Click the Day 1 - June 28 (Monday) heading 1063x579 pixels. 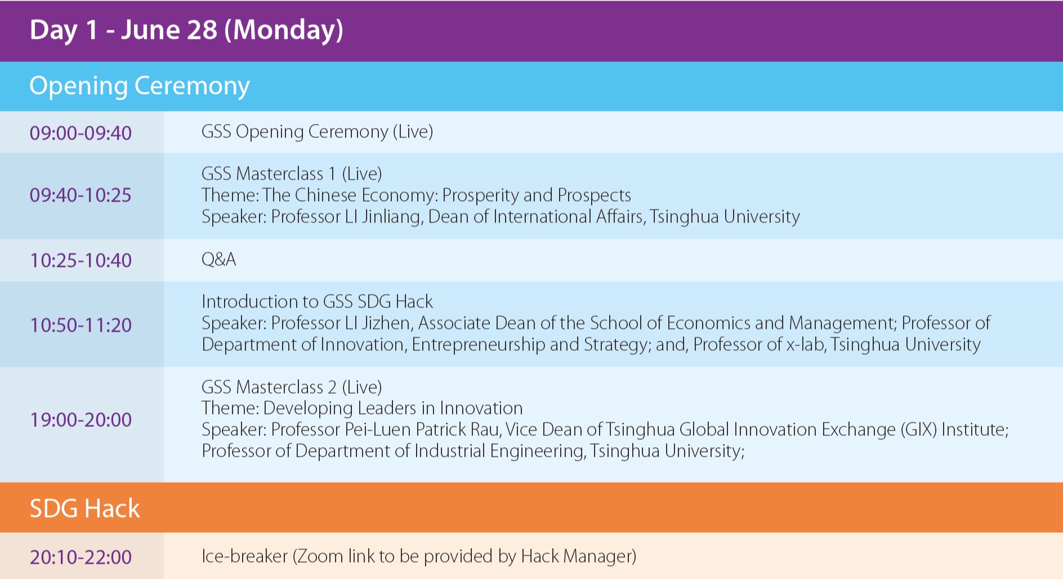pos(186,30)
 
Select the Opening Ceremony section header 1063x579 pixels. pos(139,86)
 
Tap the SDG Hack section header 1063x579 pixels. pos(84,508)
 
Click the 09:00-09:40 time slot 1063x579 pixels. pos(81,133)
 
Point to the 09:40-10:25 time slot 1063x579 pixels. pos(81,195)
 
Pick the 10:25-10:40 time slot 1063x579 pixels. pos(81,260)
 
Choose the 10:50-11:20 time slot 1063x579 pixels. pos(81,325)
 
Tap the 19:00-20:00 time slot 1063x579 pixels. pos(81,420)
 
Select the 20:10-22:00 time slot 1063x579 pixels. pos(81,557)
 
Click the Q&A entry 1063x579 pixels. pos(218,259)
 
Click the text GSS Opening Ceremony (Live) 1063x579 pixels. pos(317,132)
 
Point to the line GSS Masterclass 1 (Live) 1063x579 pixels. pos(292,173)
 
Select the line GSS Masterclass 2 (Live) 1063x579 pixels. pos(292,387)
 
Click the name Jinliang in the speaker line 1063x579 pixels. pos(392,217)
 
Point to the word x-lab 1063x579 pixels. pos(806,344)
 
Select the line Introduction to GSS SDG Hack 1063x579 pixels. pos(317,301)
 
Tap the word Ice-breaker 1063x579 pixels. pos(245,556)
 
